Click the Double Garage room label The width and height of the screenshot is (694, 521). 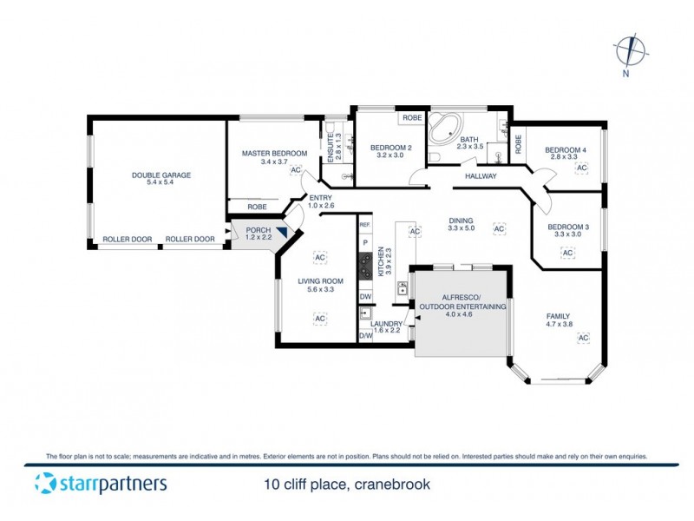(x=161, y=175)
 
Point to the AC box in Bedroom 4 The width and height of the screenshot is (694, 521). (x=581, y=167)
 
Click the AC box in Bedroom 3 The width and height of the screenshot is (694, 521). (x=567, y=253)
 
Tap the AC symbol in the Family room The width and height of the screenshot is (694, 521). (x=583, y=337)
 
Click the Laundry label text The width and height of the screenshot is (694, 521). (x=387, y=324)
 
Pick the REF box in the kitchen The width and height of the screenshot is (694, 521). (x=365, y=225)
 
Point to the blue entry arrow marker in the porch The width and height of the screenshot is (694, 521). (x=281, y=226)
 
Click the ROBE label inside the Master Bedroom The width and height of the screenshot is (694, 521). (x=257, y=207)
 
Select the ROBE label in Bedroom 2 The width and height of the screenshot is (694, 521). (x=410, y=117)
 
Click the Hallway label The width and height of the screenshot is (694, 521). (x=481, y=176)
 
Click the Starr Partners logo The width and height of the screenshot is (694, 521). (x=101, y=483)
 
